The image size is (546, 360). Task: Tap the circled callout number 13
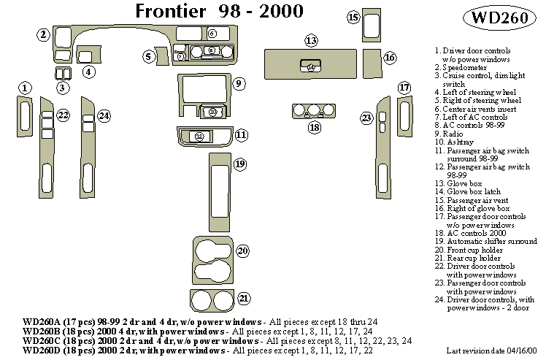311,40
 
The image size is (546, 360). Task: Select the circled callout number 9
238,84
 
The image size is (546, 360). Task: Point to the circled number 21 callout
244,298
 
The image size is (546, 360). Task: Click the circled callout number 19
240,164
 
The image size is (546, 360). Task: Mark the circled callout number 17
404,88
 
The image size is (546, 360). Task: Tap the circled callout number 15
353,18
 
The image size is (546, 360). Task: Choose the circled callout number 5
148,55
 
